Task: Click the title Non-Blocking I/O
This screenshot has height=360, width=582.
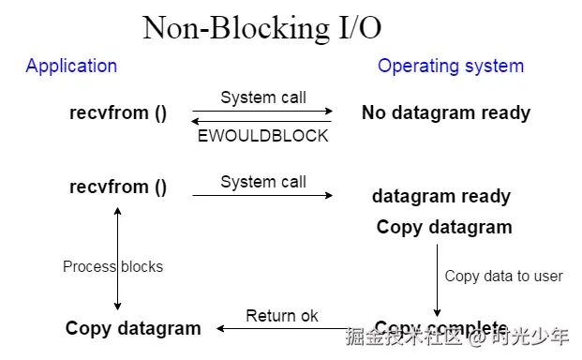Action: (261, 27)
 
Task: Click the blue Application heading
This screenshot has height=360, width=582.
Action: (71, 66)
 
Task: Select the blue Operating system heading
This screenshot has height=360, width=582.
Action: (450, 66)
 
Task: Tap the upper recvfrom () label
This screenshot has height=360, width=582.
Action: (118, 112)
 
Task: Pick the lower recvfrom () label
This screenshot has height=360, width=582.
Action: (118, 187)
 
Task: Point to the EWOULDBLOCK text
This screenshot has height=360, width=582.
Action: (262, 136)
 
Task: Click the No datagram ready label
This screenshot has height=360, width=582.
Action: (446, 112)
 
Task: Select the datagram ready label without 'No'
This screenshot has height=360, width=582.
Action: (440, 196)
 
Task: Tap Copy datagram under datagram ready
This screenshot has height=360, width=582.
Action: (444, 227)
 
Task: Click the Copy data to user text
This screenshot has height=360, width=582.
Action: (503, 276)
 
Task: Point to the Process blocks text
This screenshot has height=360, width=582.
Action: (112, 266)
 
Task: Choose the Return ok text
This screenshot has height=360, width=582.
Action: (282, 316)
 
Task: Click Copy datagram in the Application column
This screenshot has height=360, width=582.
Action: (133, 328)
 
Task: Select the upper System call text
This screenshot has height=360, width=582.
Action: (263, 97)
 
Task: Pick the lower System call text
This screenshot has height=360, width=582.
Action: (263, 182)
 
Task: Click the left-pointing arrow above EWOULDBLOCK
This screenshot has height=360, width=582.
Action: (262, 121)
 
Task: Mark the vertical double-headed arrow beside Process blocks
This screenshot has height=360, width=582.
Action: (117, 258)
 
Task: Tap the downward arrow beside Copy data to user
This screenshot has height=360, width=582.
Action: (437, 281)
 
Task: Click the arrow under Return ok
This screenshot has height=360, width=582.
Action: (281, 328)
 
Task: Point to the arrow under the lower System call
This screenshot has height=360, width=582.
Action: (262, 195)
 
